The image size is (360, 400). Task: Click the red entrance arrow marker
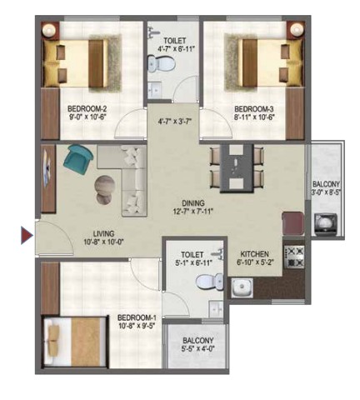[27, 236]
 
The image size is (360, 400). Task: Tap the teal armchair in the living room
[78, 159]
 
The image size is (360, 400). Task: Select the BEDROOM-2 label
[87, 108]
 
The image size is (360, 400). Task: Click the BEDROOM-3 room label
[254, 108]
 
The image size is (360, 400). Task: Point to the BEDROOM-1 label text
[137, 317]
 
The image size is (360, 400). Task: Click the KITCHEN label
[254, 254]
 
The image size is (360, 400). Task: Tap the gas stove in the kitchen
[293, 257]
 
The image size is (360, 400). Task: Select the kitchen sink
[242, 287]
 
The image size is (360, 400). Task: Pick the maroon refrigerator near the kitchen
[293, 224]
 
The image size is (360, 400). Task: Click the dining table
[237, 168]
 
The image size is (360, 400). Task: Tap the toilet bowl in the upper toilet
[162, 63]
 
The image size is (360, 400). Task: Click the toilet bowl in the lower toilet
[209, 282]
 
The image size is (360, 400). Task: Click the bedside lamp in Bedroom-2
[51, 29]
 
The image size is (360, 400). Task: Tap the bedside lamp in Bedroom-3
[296, 29]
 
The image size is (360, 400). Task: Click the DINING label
[193, 203]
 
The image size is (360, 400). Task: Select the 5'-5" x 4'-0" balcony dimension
[198, 348]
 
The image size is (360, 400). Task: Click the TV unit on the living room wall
[48, 178]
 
